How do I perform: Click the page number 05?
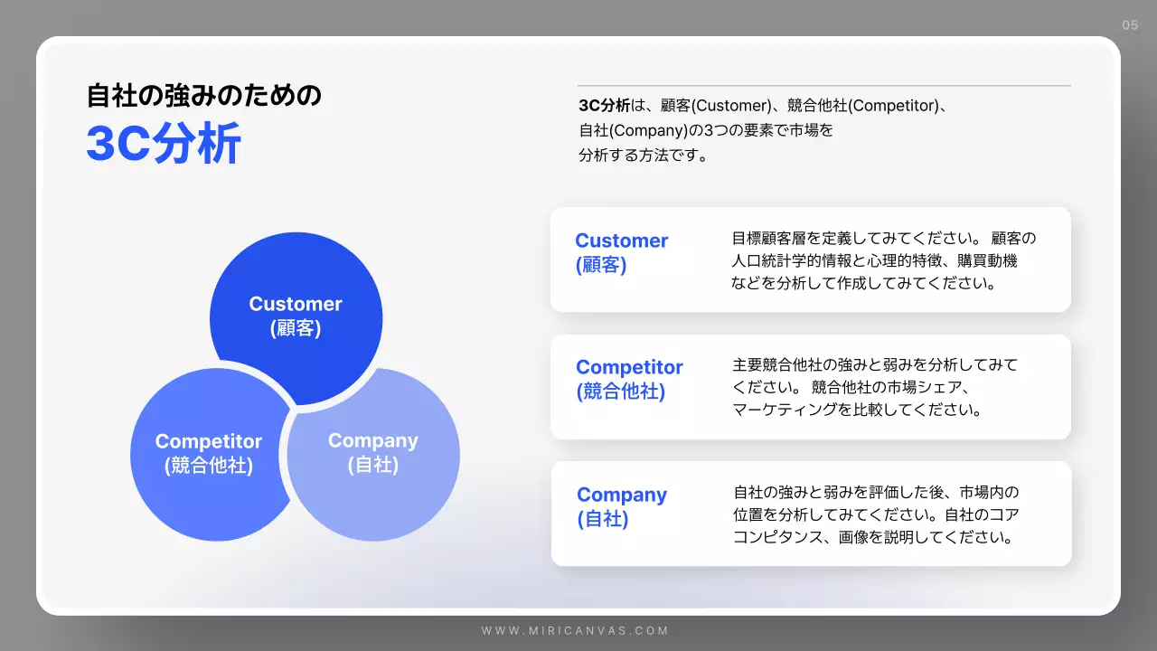(1130, 25)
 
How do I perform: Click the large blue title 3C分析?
(164, 145)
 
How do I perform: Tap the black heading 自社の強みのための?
(203, 95)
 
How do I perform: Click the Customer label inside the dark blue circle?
(296, 305)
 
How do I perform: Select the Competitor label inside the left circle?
(208, 441)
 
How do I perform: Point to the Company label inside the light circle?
(372, 440)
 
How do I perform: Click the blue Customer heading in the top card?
(621, 241)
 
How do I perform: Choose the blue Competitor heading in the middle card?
(629, 367)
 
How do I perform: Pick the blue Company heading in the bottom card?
(622, 495)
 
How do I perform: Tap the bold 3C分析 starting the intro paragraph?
(604, 106)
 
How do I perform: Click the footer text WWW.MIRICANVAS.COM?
(575, 631)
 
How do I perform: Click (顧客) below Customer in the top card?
(600, 265)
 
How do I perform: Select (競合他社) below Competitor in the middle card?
(620, 392)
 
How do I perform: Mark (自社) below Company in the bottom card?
(602, 519)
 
